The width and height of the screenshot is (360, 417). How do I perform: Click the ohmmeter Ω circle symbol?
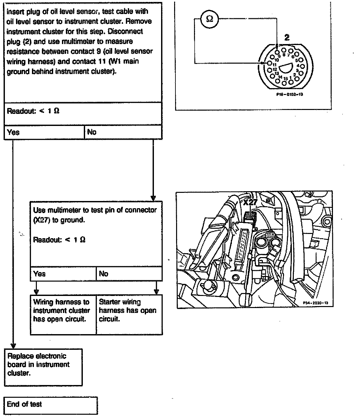(x=210, y=19)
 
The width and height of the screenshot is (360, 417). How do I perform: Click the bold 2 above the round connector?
(x=287, y=38)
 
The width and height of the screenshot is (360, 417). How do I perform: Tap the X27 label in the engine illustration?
(x=250, y=202)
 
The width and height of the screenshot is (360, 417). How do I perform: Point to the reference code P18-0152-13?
(x=287, y=95)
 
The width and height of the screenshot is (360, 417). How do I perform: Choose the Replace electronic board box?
(x=43, y=367)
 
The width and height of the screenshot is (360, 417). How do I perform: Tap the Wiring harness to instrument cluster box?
(x=63, y=315)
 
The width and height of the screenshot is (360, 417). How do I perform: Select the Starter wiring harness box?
(x=129, y=315)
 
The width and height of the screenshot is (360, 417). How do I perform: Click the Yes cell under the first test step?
(x=44, y=132)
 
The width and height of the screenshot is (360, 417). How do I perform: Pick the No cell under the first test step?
(x=123, y=132)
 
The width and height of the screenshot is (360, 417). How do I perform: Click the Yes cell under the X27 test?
(x=63, y=274)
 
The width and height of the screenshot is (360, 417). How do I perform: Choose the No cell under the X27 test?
(x=129, y=274)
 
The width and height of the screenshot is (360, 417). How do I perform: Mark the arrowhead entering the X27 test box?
(x=153, y=198)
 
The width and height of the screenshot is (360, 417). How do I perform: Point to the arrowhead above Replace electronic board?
(x=13, y=346)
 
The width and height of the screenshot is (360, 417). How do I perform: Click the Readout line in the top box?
(x=33, y=111)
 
